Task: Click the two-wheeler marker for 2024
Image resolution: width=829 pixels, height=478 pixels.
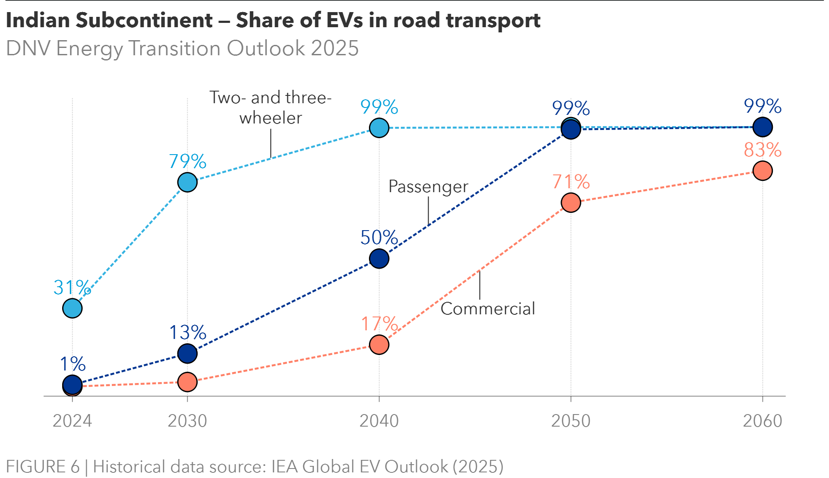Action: pos(72,308)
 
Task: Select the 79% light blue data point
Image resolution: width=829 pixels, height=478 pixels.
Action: pos(187,182)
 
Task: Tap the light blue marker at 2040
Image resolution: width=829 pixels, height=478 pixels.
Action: pos(379,128)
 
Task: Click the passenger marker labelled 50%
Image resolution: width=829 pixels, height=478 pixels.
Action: pos(379,259)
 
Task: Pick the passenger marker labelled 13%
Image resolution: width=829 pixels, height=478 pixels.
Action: pos(187,354)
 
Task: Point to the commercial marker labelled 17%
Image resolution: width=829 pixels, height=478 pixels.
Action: pos(379,345)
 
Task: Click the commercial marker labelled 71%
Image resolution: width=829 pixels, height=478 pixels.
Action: pos(571,203)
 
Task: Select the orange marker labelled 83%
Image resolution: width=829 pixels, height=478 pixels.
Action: pos(763,171)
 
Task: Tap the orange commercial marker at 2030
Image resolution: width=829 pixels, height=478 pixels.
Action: pos(187,382)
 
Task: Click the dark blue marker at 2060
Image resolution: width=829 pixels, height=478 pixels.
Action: pos(763,127)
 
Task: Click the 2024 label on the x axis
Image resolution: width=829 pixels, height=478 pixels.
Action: pos(72,421)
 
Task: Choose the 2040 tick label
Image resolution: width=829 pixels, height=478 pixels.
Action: pos(379,421)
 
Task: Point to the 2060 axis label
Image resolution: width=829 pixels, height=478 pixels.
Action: pos(763,421)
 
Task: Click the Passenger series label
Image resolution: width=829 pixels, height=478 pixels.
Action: pos(428,187)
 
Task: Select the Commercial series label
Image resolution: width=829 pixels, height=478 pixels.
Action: pos(488,309)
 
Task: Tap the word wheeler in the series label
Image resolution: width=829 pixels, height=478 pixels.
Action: pos(271,118)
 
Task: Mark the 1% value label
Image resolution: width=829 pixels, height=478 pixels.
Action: pos(72,364)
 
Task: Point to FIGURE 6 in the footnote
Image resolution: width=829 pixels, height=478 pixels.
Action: pos(43,467)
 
